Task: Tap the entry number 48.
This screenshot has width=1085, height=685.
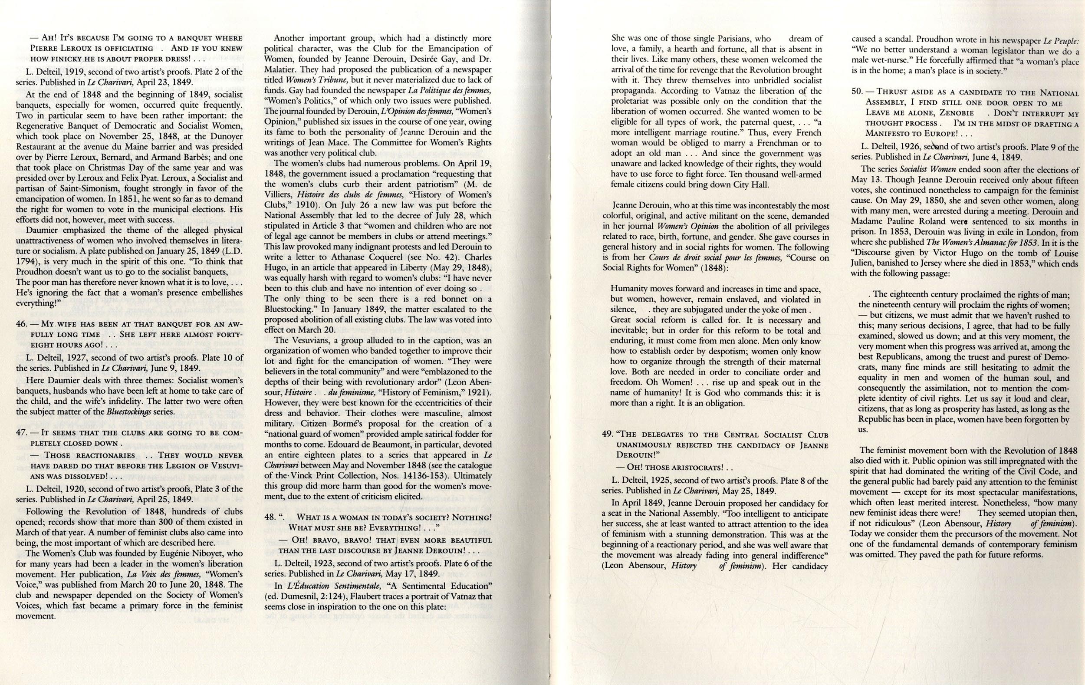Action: point(270,517)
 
